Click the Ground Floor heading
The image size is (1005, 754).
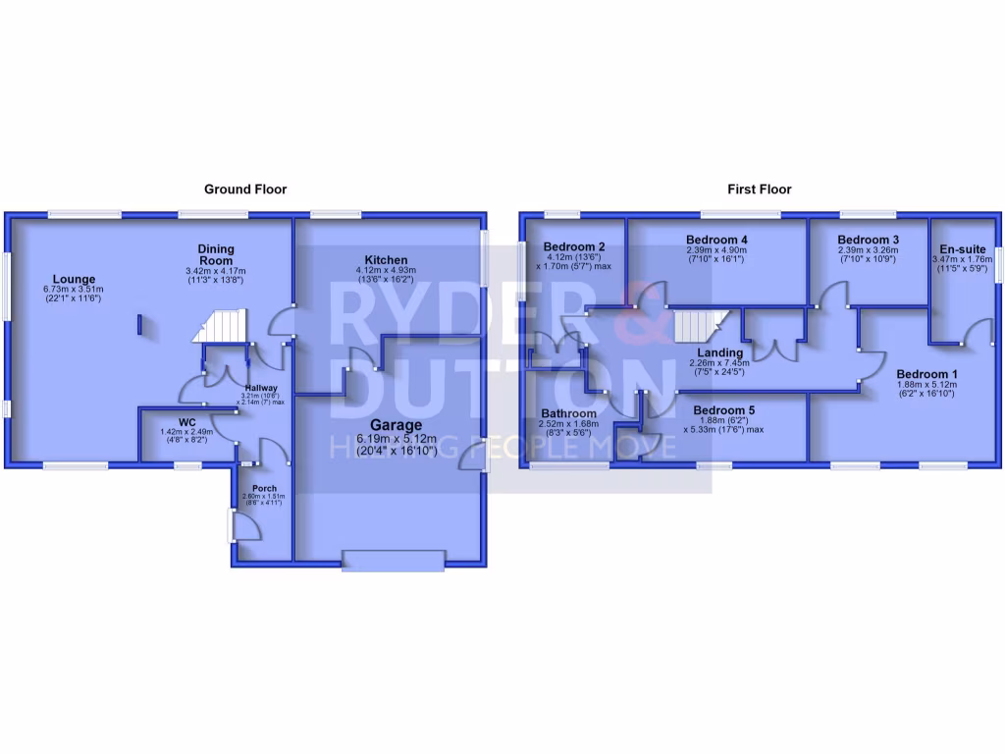coord(245,188)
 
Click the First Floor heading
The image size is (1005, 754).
coord(759,188)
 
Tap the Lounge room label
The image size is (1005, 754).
coord(75,280)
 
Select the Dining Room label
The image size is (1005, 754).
coord(215,254)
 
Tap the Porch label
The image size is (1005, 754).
coord(264,488)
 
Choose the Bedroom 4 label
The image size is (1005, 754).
coord(716,240)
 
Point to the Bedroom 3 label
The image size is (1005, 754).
coord(869,240)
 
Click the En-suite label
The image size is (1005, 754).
coord(962,249)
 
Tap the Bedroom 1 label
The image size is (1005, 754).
coord(926,373)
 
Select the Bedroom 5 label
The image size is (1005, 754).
coord(722,410)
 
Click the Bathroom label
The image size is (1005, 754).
coord(568,414)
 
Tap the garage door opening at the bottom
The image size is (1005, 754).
coord(392,561)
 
